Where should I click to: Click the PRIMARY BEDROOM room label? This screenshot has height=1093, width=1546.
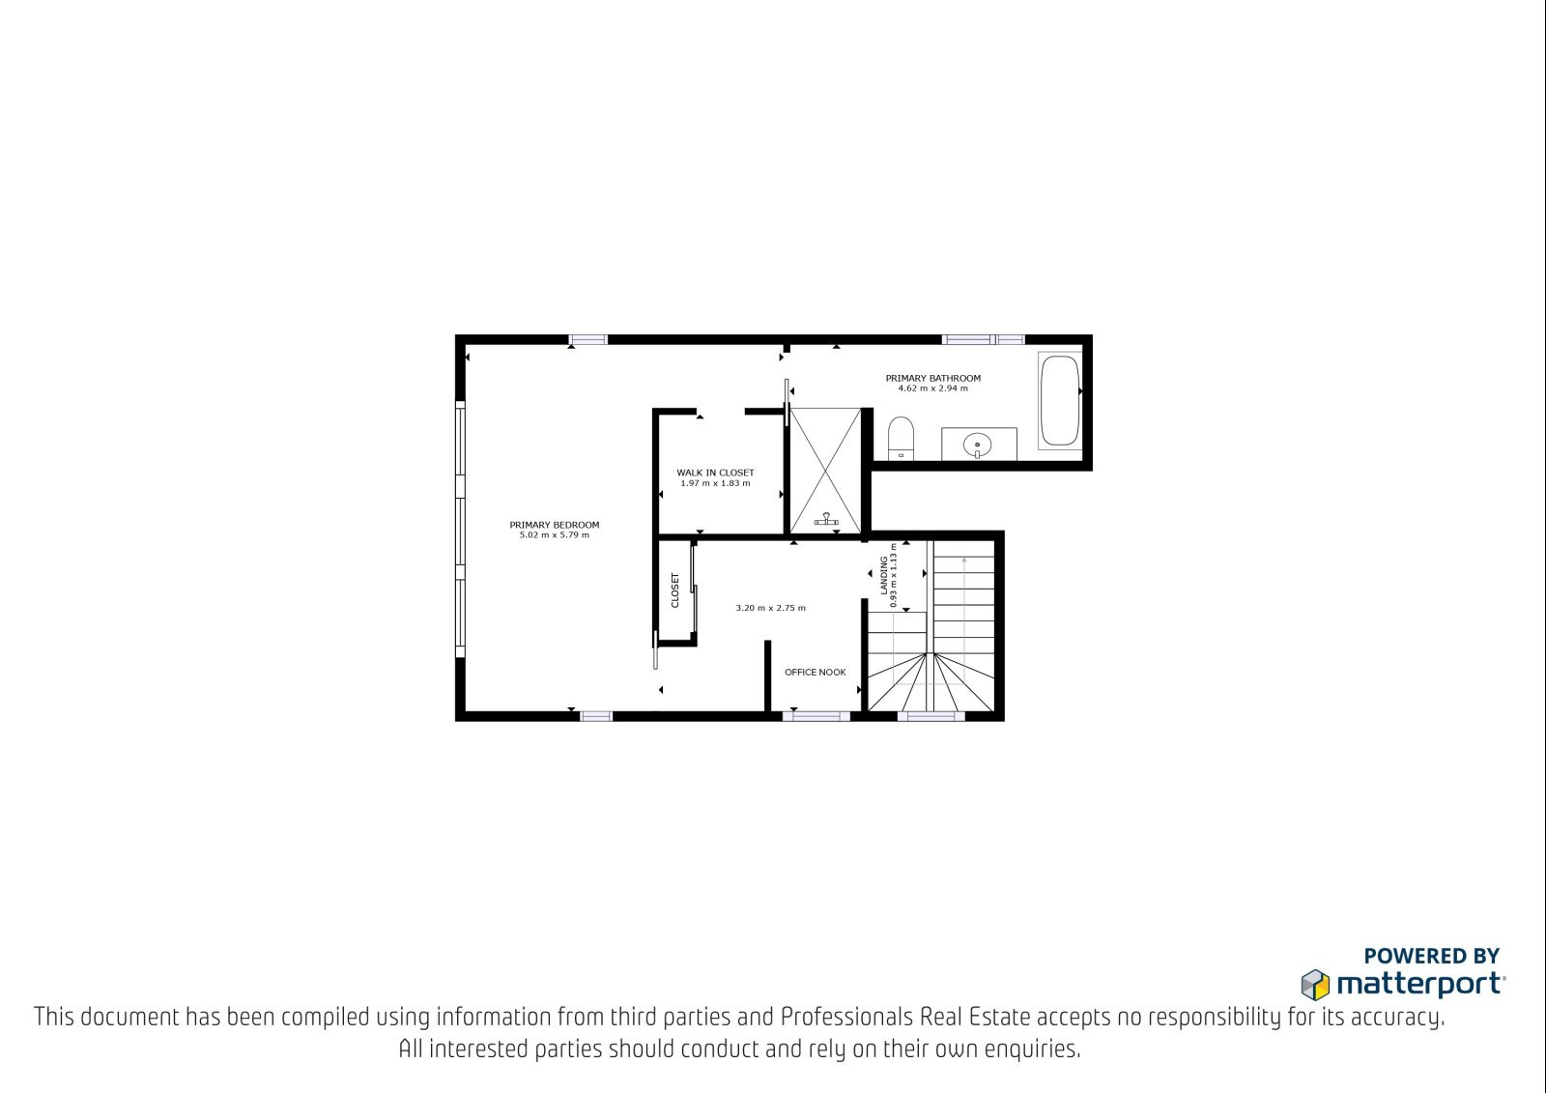click(x=555, y=525)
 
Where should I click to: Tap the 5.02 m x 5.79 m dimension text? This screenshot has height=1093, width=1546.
click(x=555, y=535)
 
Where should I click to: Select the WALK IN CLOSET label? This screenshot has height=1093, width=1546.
click(x=715, y=473)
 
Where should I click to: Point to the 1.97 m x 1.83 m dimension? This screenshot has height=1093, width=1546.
click(x=715, y=483)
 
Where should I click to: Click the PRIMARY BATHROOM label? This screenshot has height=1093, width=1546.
click(x=933, y=379)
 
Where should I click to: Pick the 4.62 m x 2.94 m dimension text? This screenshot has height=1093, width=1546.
click(x=933, y=388)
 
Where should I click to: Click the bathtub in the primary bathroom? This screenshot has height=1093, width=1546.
click(x=1059, y=400)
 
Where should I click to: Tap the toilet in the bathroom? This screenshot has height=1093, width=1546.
click(x=901, y=439)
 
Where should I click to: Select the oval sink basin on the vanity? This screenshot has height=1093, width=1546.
click(x=977, y=445)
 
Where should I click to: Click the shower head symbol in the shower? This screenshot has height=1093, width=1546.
click(x=826, y=519)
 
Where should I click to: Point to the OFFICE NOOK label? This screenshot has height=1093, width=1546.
click(x=816, y=672)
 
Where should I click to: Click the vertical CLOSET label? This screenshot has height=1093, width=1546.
click(x=675, y=590)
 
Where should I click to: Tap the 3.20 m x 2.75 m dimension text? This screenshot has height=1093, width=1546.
click(x=770, y=608)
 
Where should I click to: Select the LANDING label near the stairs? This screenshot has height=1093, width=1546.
click(x=883, y=575)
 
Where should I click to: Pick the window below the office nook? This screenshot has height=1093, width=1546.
click(x=816, y=716)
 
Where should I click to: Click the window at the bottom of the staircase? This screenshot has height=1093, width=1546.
click(x=931, y=716)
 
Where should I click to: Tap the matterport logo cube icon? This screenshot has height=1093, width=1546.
click(x=1315, y=985)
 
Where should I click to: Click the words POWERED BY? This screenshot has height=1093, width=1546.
click(x=1432, y=957)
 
